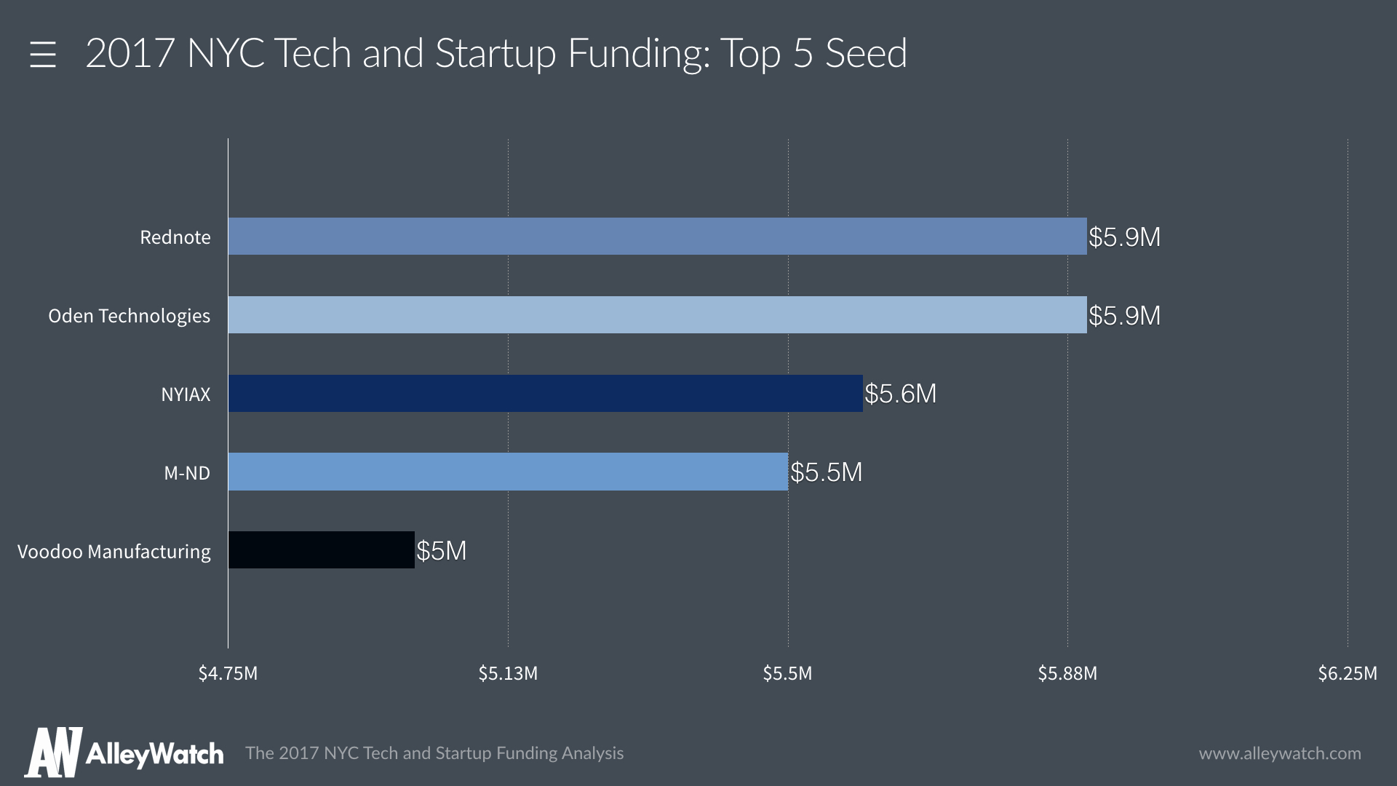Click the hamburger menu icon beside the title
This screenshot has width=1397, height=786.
tap(43, 55)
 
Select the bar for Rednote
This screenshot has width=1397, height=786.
tap(657, 237)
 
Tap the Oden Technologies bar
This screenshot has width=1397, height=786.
tap(657, 315)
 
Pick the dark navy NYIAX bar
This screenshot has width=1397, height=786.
tap(545, 394)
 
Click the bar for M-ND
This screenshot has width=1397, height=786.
tap(508, 472)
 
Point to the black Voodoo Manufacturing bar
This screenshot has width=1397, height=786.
tap(321, 550)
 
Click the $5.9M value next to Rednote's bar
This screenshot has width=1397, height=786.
tap(1124, 237)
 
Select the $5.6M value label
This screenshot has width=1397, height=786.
tap(900, 394)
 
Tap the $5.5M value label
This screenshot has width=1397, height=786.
tap(826, 473)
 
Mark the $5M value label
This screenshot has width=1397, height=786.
tap(441, 551)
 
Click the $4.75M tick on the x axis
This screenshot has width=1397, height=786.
tap(228, 674)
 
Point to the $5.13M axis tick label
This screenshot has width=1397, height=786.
tap(508, 674)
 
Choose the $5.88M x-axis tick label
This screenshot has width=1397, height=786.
tap(1067, 674)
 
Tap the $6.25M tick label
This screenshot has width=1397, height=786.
tap(1348, 674)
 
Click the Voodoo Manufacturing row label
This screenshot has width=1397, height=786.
tap(114, 552)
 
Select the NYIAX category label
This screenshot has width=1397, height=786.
tap(186, 394)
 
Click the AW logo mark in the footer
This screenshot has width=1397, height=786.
tap(53, 752)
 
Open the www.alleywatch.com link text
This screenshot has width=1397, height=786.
tap(1280, 753)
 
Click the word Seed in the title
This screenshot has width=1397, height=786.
tap(866, 53)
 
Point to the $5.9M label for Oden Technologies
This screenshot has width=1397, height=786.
tap(1124, 316)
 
